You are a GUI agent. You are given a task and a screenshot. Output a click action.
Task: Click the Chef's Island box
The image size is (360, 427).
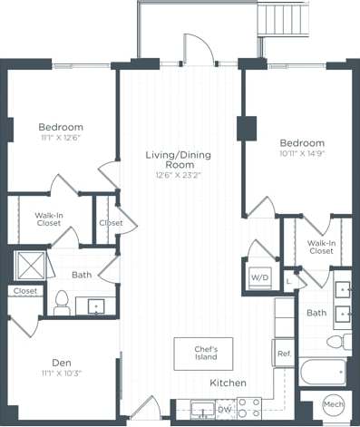(x=203, y=353)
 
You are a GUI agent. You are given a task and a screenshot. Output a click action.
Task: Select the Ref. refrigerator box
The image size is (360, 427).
(x=283, y=353)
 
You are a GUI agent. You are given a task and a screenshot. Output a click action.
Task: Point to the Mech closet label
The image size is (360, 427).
(x=333, y=403)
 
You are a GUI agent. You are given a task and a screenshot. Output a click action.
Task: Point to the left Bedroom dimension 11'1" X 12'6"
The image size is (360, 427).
(x=61, y=138)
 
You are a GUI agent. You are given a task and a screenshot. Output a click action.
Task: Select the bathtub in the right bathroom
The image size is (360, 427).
(x=323, y=372)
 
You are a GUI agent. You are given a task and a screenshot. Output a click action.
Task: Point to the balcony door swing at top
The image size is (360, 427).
(x=198, y=50)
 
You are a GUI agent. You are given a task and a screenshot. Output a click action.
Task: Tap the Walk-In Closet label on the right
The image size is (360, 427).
(x=321, y=247)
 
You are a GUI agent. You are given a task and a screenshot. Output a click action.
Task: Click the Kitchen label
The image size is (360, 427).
(x=228, y=383)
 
